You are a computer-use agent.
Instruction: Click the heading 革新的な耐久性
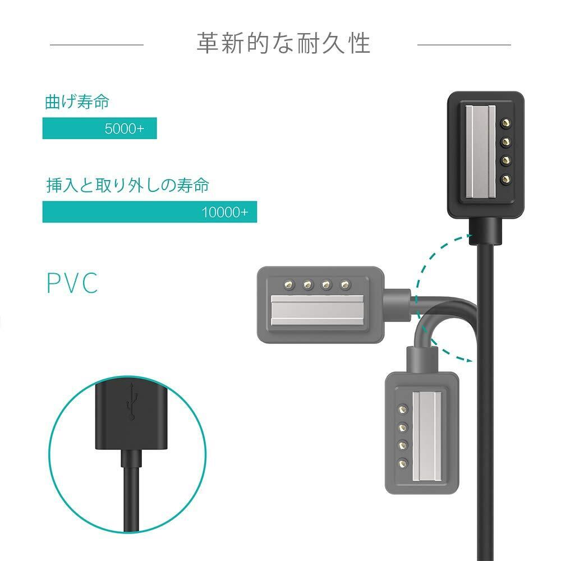pyautogui.click(x=283, y=43)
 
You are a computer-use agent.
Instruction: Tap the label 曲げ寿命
pyautogui.click(x=77, y=102)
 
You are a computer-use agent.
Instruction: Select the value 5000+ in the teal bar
pyautogui.click(x=124, y=128)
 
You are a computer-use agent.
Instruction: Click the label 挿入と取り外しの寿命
pyautogui.click(x=127, y=186)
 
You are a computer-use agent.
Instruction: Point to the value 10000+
pyautogui.click(x=224, y=212)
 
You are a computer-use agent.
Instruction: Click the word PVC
pyautogui.click(x=72, y=283)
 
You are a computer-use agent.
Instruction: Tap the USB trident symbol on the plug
pyautogui.click(x=133, y=402)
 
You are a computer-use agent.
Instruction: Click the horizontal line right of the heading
pyautogui.click(x=464, y=44)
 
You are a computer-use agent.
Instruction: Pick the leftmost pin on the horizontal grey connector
pyautogui.click(x=288, y=285)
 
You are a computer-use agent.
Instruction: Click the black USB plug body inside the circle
pyautogui.click(x=131, y=415)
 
